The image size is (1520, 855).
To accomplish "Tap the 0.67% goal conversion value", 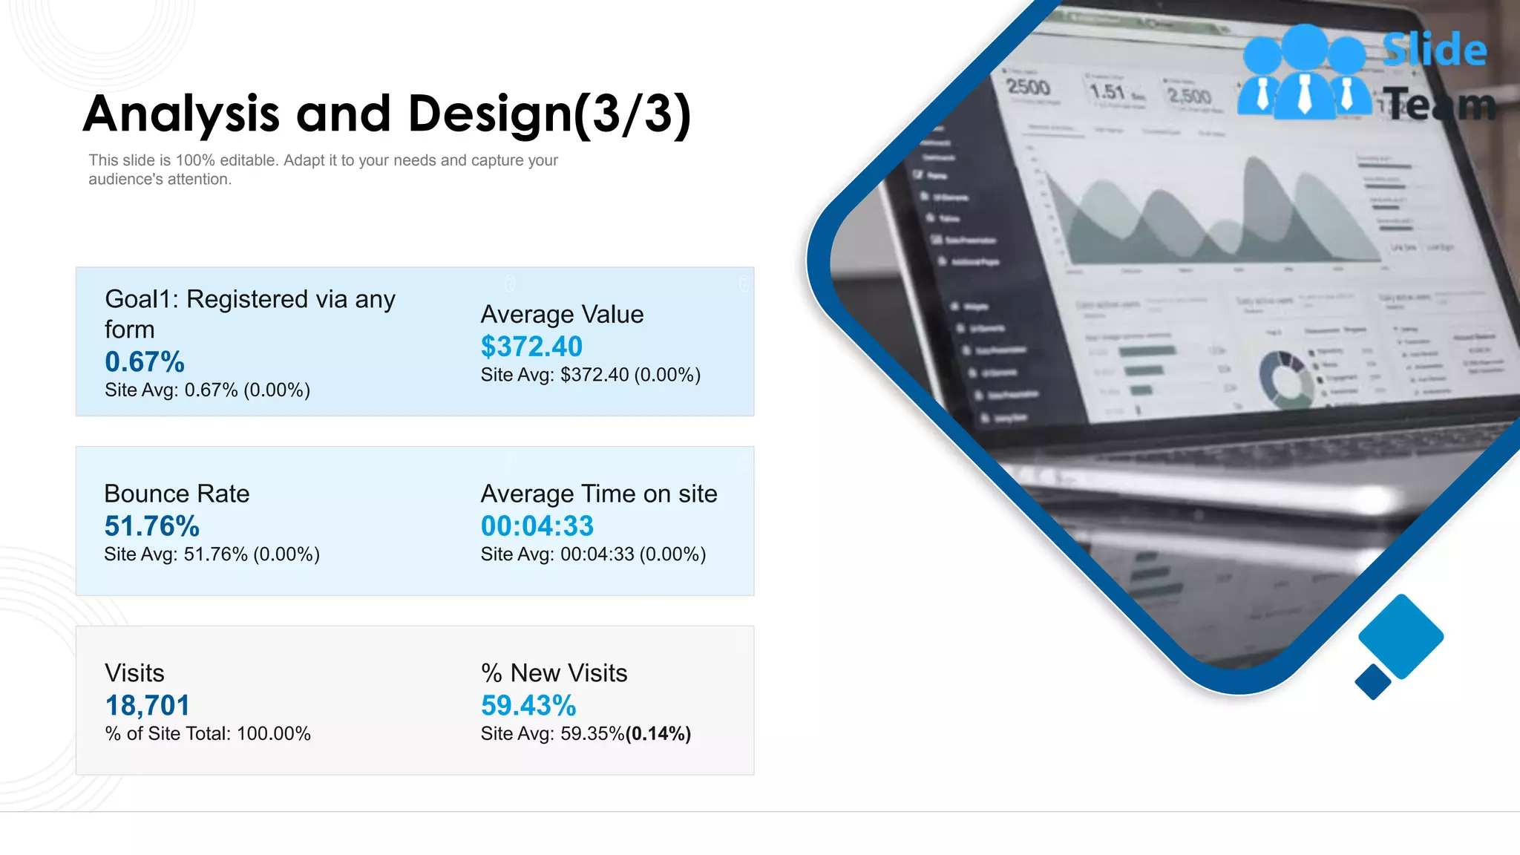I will (x=145, y=362).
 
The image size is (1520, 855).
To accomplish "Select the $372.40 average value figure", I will (x=531, y=347).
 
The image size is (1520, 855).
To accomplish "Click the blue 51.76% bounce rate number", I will (x=152, y=526).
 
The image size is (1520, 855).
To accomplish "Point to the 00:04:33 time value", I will (x=537, y=526).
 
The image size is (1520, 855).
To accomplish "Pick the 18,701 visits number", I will (x=148, y=706).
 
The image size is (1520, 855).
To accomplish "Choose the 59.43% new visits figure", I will (x=528, y=706).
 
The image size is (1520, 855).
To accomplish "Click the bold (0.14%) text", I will (x=658, y=734).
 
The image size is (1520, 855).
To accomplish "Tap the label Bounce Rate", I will (x=177, y=494).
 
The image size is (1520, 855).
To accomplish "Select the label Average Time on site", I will (x=599, y=494).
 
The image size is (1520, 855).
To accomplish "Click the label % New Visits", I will (x=554, y=673).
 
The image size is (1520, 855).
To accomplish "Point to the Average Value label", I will (x=562, y=315).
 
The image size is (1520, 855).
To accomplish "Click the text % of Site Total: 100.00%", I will (x=208, y=734).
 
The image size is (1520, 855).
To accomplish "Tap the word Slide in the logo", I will (x=1435, y=50).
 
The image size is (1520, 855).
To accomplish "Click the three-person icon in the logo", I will (x=1304, y=73).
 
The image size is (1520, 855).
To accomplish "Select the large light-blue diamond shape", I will (x=1401, y=636).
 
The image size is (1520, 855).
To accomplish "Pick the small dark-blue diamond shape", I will (x=1373, y=681).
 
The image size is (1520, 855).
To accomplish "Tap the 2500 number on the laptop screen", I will (x=1028, y=88).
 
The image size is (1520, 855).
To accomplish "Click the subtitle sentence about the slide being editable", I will (x=323, y=170).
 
